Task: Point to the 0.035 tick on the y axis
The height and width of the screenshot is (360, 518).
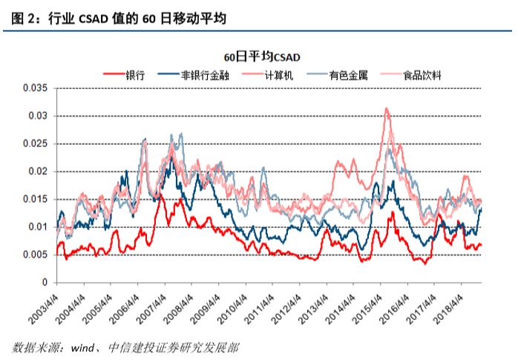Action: point(35,88)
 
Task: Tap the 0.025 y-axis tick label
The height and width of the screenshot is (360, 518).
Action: point(35,144)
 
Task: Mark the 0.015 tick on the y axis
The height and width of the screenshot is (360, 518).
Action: point(35,200)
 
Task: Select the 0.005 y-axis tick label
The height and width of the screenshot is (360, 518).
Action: point(35,255)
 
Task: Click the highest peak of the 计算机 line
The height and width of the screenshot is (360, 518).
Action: point(387,108)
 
